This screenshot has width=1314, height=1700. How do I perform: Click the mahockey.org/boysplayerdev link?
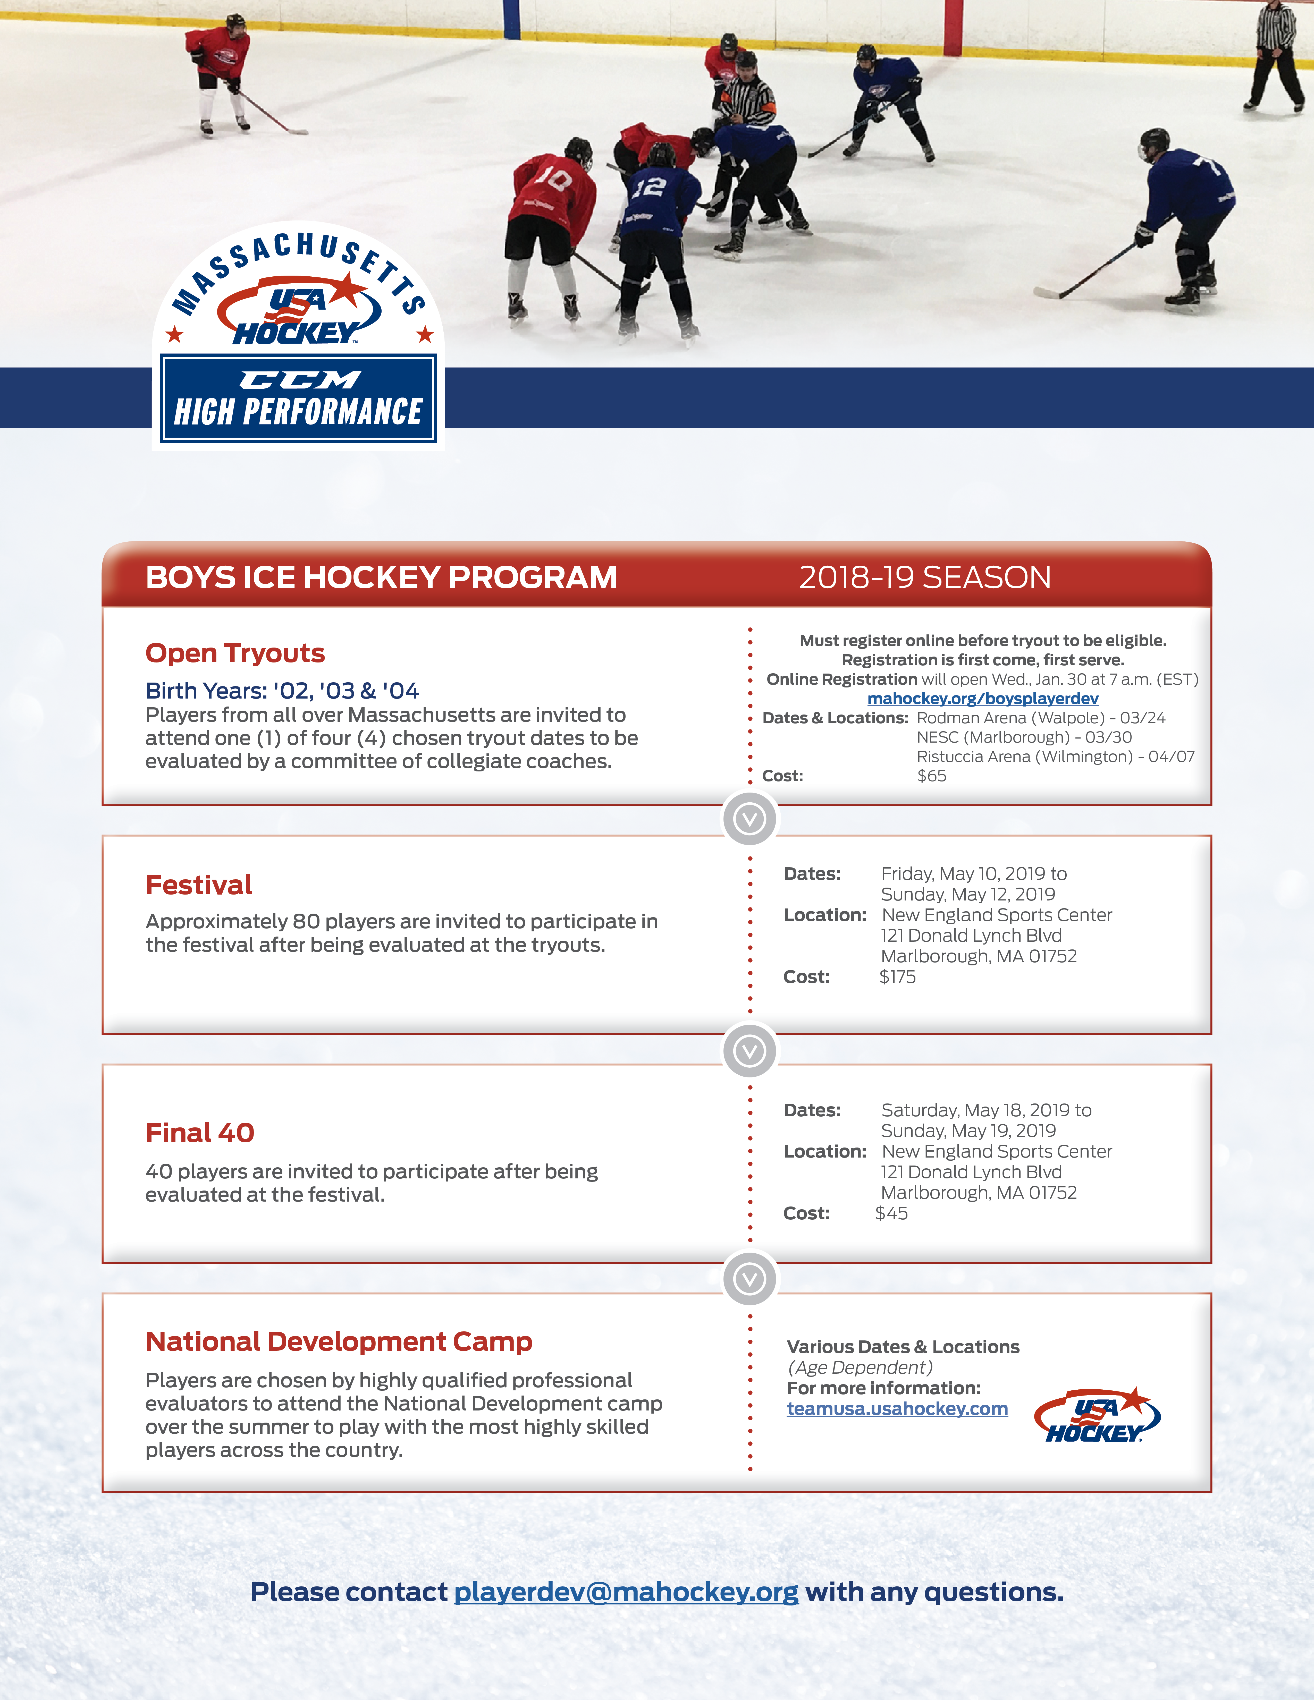click(x=982, y=698)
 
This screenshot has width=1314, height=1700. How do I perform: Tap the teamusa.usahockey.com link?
click(x=897, y=1409)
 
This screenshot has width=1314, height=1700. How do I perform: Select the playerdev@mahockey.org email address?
click(x=626, y=1592)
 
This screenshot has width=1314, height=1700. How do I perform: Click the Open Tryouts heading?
click(x=235, y=653)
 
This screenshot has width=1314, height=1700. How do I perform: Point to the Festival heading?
click(x=198, y=885)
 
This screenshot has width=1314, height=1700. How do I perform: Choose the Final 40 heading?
click(x=200, y=1133)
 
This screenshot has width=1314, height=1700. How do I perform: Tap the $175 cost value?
click(x=898, y=977)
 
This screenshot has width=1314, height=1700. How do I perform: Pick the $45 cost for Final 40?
click(x=891, y=1213)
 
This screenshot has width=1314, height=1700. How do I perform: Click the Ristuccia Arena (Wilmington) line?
click(x=1056, y=756)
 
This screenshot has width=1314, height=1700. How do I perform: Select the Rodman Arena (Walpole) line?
click(x=1041, y=718)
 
